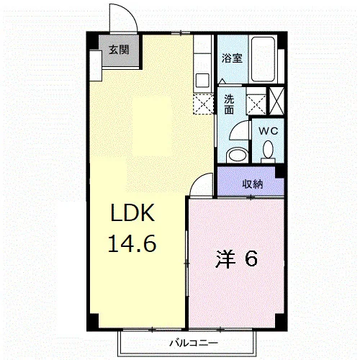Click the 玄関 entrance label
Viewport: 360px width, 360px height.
click(x=119, y=50)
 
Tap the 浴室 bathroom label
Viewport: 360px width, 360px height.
click(x=232, y=58)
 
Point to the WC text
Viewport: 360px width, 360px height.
click(x=269, y=131)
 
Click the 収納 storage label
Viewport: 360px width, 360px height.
click(x=252, y=184)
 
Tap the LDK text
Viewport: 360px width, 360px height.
click(x=132, y=212)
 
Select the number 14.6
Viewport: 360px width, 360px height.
click(x=132, y=243)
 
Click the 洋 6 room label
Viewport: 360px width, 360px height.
click(x=237, y=259)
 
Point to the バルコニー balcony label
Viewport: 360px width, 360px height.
click(x=194, y=343)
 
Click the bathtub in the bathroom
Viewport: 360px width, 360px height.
click(x=263, y=59)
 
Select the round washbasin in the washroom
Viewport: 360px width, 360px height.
click(x=238, y=156)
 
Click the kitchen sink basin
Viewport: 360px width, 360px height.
click(x=202, y=81)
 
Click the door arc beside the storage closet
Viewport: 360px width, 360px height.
click(x=198, y=180)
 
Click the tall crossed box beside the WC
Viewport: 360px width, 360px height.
click(x=276, y=102)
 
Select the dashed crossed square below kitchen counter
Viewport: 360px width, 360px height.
click(x=203, y=104)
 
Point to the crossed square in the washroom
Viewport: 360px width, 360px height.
click(x=256, y=104)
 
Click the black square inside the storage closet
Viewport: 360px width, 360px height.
click(x=279, y=172)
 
